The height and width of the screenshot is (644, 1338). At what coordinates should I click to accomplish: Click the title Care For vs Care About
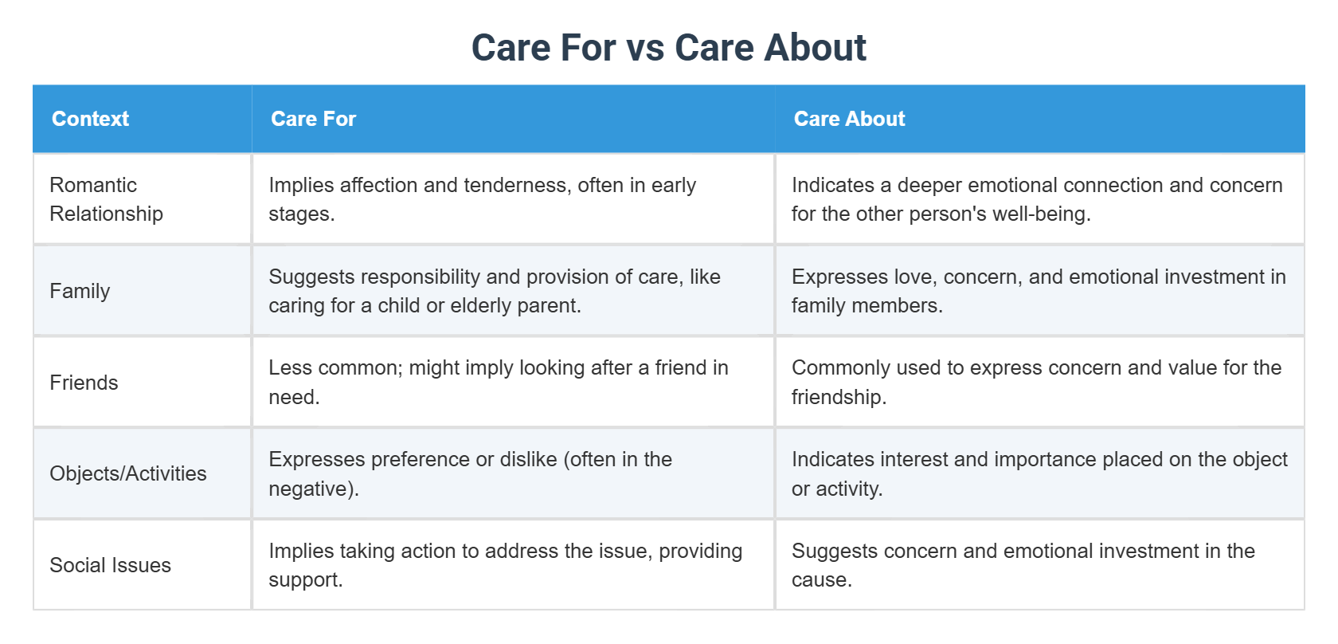(668, 48)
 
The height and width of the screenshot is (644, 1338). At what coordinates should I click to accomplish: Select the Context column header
(90, 119)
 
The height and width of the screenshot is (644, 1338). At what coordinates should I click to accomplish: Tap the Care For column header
(313, 119)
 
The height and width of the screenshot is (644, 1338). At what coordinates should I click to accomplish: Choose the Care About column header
(849, 119)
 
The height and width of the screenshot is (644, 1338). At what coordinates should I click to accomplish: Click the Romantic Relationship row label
(106, 199)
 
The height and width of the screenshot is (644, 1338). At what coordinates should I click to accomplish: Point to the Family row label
(80, 291)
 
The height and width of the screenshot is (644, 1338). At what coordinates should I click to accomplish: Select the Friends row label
(84, 383)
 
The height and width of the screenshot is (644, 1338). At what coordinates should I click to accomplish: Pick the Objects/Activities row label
(127, 473)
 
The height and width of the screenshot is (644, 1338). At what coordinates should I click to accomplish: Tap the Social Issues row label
(110, 565)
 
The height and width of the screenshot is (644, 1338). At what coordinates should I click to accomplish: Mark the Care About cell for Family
(1038, 291)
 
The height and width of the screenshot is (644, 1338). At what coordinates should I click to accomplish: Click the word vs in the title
(645, 48)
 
